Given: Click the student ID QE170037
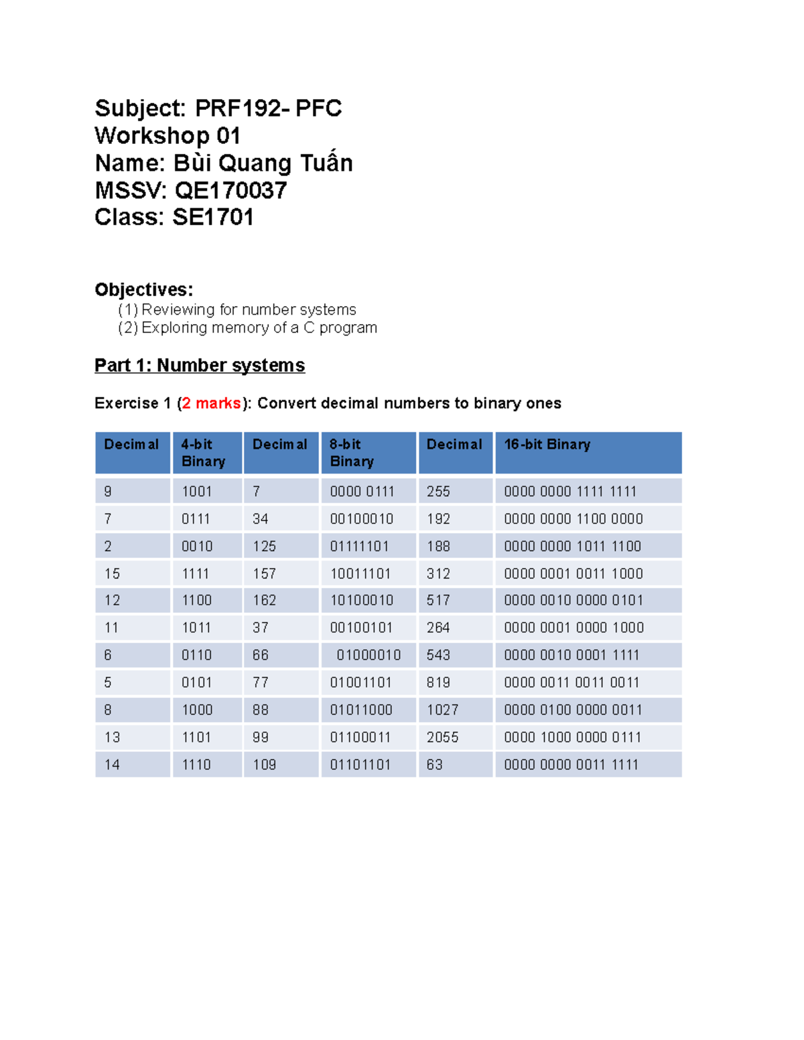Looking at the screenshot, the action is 230,191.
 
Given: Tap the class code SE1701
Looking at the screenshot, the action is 213,218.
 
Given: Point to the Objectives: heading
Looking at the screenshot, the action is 143,289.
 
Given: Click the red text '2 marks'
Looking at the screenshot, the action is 211,403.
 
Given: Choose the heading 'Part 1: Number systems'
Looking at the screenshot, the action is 200,365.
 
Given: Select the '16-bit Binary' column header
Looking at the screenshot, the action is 547,445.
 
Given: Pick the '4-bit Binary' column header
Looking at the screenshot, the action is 203,453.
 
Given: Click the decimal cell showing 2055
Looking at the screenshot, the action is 442,737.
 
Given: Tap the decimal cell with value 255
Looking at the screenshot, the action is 438,492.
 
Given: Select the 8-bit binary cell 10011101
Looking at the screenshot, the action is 360,574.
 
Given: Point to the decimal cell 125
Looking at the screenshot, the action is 264,546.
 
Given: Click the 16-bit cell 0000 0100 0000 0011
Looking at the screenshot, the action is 573,710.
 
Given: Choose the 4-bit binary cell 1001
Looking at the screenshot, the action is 196,492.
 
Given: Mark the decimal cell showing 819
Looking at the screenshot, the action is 438,682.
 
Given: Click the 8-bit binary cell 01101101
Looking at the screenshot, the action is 360,765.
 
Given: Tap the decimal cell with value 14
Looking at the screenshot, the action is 112,765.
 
